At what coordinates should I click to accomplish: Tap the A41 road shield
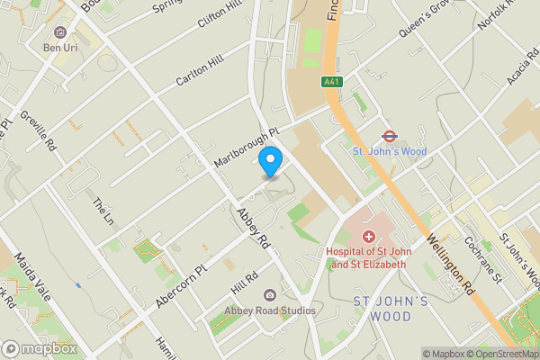click(331, 82)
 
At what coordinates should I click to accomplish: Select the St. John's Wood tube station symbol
click(389, 136)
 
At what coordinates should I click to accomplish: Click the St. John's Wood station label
click(389, 151)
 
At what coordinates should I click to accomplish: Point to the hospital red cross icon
click(368, 236)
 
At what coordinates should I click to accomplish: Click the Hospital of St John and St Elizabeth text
click(366, 258)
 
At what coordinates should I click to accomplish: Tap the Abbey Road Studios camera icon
click(269, 295)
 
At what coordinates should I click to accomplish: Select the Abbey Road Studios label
click(269, 310)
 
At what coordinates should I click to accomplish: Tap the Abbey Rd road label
click(253, 229)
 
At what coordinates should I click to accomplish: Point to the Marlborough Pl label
click(247, 146)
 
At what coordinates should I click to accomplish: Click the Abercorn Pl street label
click(181, 284)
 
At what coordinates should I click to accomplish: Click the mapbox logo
click(40, 348)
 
